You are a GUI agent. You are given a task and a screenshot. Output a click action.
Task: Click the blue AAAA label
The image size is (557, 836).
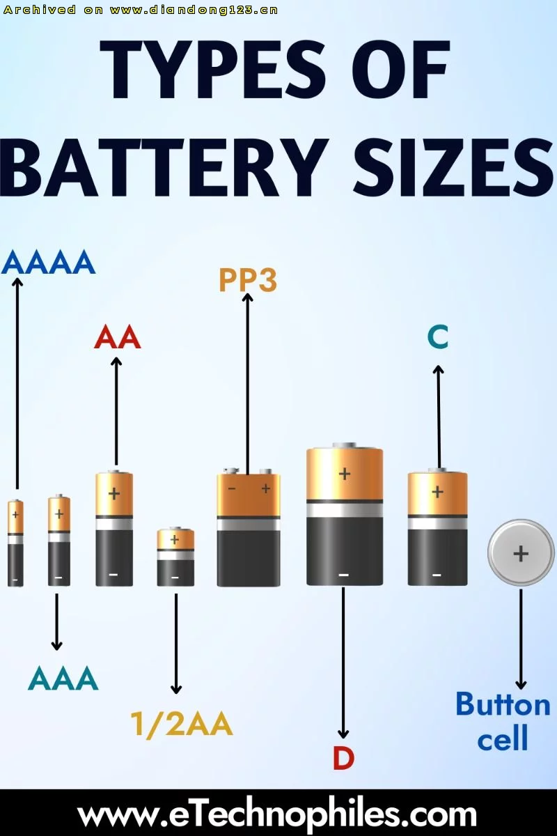click(x=49, y=262)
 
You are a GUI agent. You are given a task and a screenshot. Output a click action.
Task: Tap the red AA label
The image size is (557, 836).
click(x=118, y=337)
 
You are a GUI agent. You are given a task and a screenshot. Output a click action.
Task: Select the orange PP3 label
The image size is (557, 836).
click(x=248, y=279)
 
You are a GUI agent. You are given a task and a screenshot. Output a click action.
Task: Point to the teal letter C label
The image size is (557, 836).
click(x=437, y=336)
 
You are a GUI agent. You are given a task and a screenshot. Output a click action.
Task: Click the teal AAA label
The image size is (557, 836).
click(x=63, y=678)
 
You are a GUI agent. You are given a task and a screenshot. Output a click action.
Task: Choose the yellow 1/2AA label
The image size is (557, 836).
click(x=182, y=724)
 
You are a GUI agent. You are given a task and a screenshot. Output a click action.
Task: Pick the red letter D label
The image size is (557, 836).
click(x=343, y=759)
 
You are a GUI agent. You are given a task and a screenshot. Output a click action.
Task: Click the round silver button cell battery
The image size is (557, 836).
click(x=521, y=553)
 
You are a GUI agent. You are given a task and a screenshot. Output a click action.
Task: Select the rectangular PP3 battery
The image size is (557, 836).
click(x=249, y=527)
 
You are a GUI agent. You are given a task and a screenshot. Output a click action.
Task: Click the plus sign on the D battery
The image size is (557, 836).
click(x=345, y=474)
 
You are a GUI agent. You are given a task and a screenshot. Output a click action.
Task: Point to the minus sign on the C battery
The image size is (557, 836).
click(x=437, y=575)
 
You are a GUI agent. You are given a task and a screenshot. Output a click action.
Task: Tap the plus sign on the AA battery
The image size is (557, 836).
click(x=114, y=494)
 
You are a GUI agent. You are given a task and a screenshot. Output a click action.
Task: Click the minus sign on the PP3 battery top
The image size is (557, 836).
click(x=232, y=488)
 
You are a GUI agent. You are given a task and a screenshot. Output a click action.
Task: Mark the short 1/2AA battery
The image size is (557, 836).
click(x=175, y=556)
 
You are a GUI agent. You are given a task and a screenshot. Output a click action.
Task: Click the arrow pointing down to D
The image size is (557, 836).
click(x=343, y=663)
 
